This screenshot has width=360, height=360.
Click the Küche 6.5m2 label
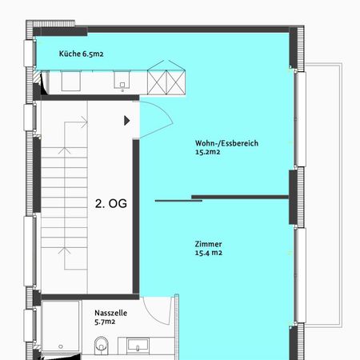[x=81, y=54]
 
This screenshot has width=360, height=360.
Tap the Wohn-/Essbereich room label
[x=226, y=147]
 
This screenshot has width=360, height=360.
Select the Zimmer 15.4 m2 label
[x=208, y=248]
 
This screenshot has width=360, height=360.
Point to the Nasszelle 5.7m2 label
[x=110, y=317]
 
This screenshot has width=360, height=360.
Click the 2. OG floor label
[x=111, y=204]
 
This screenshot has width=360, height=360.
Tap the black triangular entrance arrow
[x=127, y=121]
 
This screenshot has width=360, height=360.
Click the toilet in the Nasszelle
[x=102, y=346]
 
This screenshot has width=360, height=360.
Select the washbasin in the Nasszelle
[x=138, y=345]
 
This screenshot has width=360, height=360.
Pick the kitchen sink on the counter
[x=122, y=80]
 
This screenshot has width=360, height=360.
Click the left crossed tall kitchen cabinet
[x=157, y=82]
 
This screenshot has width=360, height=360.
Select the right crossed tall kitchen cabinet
[x=176, y=82]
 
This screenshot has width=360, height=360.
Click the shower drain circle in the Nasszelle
[x=61, y=346]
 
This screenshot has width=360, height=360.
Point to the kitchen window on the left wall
[x=29, y=53]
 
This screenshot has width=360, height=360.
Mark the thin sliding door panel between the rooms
[x=178, y=201]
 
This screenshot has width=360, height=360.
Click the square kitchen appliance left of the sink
[x=71, y=81]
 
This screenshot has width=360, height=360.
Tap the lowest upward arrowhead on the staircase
[x=64, y=250]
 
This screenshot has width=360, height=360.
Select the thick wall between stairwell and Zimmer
[x=136, y=216]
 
